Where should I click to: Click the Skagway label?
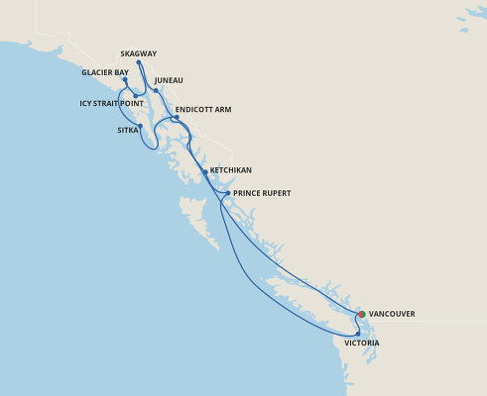tap(139, 53)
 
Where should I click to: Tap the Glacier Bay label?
tap(106, 72)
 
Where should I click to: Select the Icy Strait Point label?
tap(112, 102)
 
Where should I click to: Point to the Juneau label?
tap(170, 80)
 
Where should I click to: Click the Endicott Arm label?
tap(202, 110)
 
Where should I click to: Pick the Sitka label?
tap(128, 130)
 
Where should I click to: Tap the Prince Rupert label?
tap(262, 193)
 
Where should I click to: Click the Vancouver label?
tap(392, 314)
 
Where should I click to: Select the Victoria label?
tap(362, 343)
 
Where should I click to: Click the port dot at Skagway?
tap(138, 61)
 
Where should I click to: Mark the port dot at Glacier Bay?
tap(125, 79)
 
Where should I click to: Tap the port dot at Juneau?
tap(156, 91)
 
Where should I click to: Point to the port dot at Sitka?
tap(141, 126)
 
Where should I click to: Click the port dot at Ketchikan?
tap(205, 171)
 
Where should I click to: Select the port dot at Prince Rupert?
tap(227, 193)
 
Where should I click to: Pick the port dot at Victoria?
tap(358, 335)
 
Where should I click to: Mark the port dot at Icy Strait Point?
tap(135, 96)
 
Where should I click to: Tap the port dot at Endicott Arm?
tap(176, 119)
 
